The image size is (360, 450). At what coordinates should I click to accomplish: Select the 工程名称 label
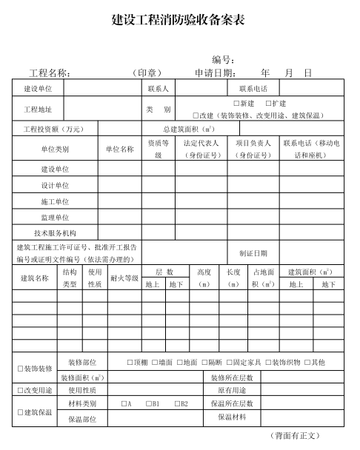[50, 73]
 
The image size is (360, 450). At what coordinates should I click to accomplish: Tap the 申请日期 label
[215, 73]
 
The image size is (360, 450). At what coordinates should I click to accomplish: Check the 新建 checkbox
[236, 104]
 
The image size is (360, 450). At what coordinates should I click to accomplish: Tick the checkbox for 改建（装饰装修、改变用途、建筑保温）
[196, 115]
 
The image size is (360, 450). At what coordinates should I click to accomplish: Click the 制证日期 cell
[253, 253]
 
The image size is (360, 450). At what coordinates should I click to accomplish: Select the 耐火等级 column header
[124, 278]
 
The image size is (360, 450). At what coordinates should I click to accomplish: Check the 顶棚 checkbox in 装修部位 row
[129, 363]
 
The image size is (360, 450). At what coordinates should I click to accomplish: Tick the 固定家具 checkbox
[230, 363]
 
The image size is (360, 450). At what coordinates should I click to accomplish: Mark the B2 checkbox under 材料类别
[178, 404]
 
